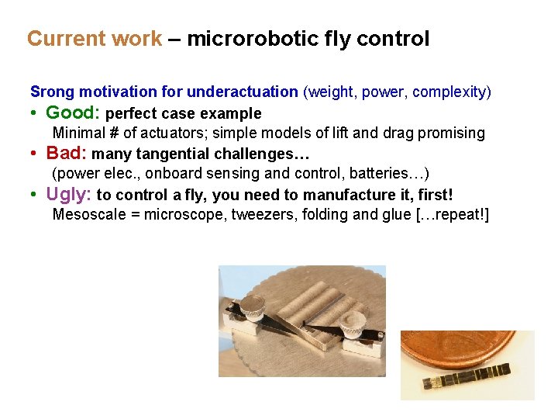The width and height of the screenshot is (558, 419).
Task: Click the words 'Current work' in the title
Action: pos(95,39)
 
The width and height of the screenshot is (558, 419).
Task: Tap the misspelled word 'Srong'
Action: pos(52,92)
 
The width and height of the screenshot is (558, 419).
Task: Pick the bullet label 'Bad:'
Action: pos(67,153)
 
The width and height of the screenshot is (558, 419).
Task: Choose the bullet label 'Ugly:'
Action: pos(69,193)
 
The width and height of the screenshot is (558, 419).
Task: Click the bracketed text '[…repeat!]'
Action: pos(447,214)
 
